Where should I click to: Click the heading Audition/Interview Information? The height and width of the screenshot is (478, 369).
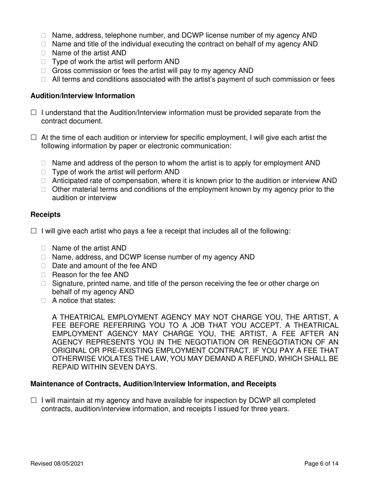tap(83, 96)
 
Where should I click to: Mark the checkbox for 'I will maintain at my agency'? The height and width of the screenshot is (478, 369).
tap(33, 400)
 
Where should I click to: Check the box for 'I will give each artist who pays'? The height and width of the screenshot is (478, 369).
tap(33, 231)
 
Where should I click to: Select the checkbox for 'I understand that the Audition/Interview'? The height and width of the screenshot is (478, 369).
tap(33, 113)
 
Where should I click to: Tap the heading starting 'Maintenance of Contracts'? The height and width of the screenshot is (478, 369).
tap(153, 384)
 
